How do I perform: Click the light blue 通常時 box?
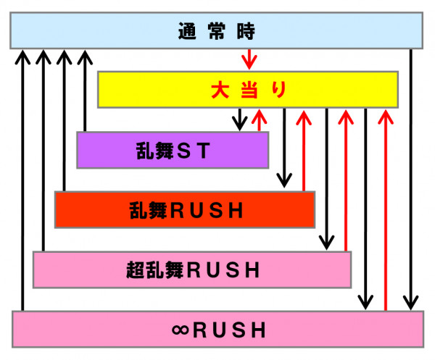pyautogui.click(x=217, y=31)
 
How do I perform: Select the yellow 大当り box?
pyautogui.click(x=248, y=90)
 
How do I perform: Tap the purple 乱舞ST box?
pyautogui.click(x=173, y=150)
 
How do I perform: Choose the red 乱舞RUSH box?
pyautogui.click(x=184, y=209)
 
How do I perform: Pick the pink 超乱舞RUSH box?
pyautogui.click(x=191, y=269)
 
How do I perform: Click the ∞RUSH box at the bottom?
pyautogui.click(x=217, y=330)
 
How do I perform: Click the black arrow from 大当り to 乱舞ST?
pyautogui.click(x=239, y=120)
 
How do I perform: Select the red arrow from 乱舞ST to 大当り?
pyautogui.click(x=259, y=120)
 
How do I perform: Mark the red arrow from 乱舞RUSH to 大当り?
pyautogui.click(x=304, y=149)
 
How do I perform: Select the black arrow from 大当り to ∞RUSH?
pyautogui.click(x=368, y=209)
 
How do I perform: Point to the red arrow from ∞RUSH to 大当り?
pyautogui.click(x=386, y=209)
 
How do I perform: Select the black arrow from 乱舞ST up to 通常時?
pyautogui.click(x=86, y=91)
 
